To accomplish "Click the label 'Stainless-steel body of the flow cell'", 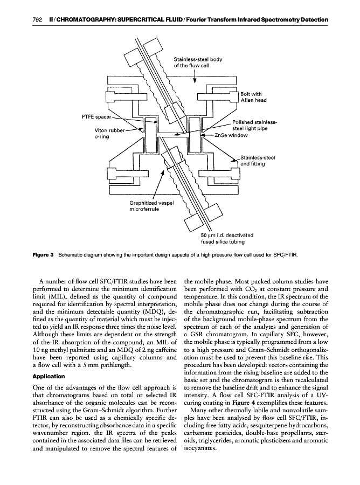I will (198, 63).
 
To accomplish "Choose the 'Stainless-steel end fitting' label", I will (258, 161).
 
